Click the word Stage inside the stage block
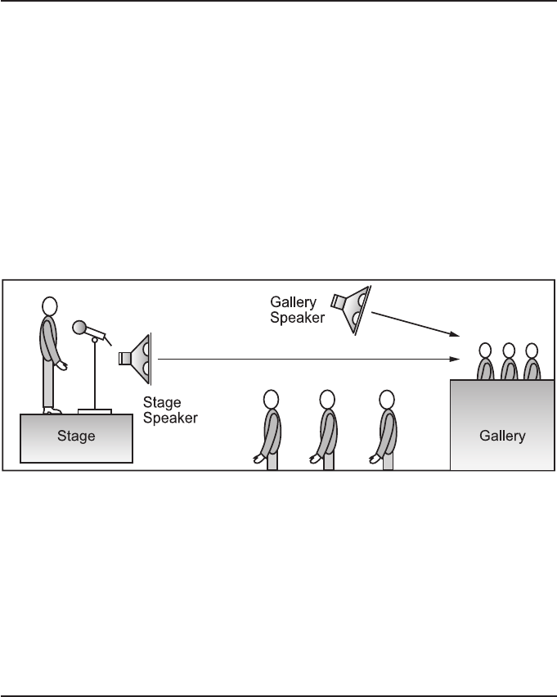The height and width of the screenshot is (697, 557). [x=76, y=436]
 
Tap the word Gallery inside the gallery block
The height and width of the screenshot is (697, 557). [x=501, y=436]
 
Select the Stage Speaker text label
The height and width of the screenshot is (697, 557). [x=170, y=410]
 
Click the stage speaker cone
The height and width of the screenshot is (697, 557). [x=139, y=358]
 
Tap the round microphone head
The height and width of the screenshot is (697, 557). [x=79, y=328]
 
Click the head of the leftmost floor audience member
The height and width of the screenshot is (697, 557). [x=272, y=399]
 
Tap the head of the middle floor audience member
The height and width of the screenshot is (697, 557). [x=327, y=399]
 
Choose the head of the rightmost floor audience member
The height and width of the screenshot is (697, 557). [x=387, y=399]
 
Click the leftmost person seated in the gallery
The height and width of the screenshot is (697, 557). [x=485, y=360]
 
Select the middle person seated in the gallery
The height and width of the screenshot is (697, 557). [x=508, y=360]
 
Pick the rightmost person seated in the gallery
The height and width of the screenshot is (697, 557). [x=531, y=360]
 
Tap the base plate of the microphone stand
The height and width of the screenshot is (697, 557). [x=95, y=410]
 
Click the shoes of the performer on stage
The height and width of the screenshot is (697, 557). [x=52, y=410]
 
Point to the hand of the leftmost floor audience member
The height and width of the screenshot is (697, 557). [x=259, y=459]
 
